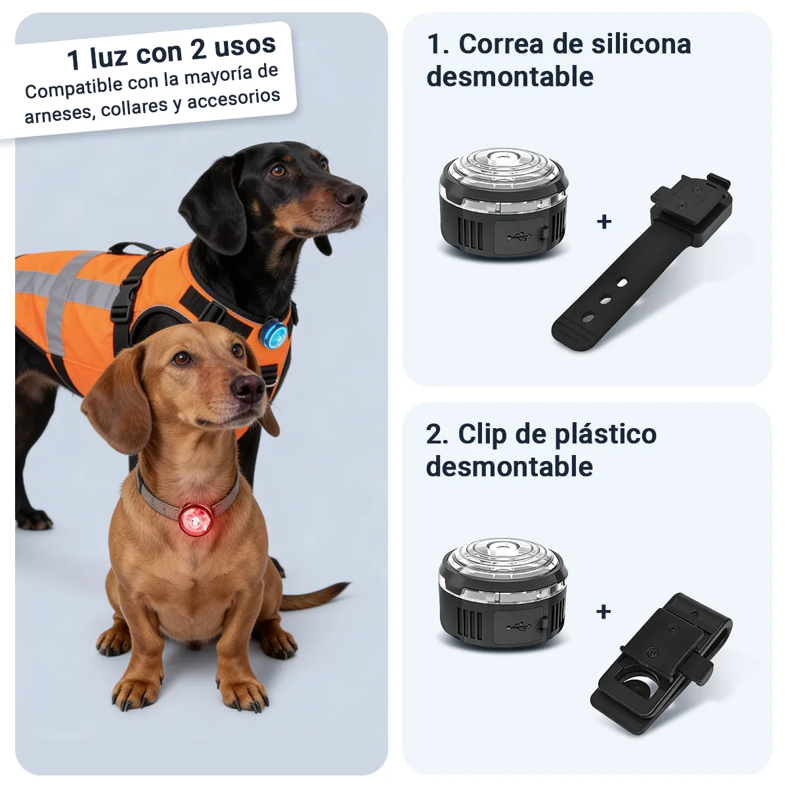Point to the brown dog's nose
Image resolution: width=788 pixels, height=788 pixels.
(x=248, y=387)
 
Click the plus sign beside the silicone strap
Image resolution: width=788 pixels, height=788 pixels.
(x=603, y=222)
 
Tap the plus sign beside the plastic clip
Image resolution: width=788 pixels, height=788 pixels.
(x=603, y=612)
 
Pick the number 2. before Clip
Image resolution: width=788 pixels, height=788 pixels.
(x=437, y=435)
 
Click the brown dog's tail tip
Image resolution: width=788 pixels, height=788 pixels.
(x=344, y=585)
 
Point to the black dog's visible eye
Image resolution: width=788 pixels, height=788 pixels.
(x=279, y=170)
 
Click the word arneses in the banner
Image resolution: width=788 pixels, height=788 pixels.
(x=56, y=114)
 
